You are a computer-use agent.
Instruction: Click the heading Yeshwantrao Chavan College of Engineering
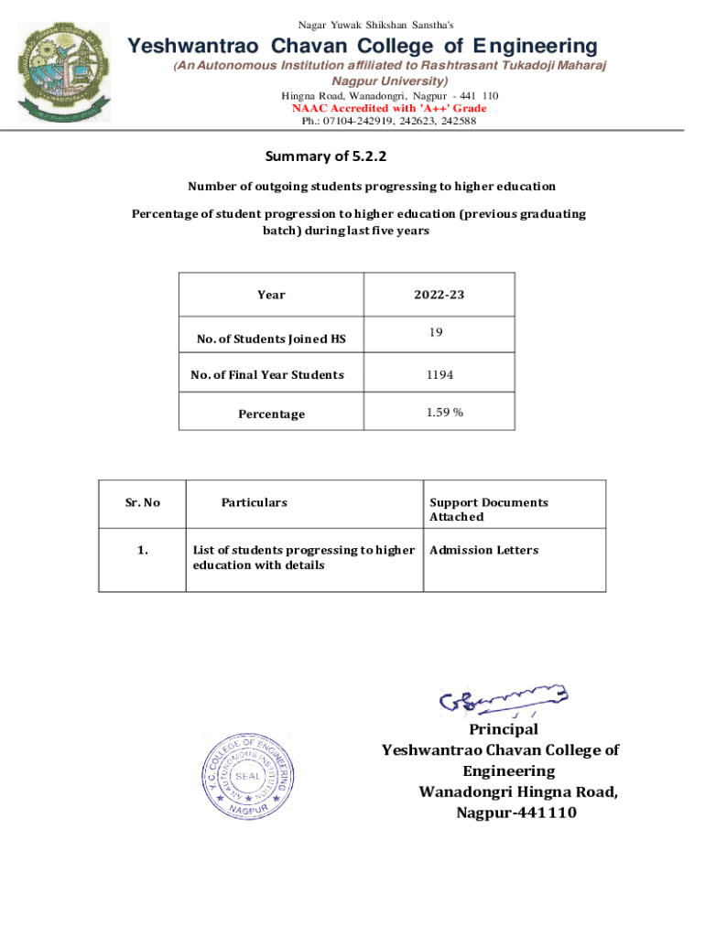click(x=362, y=46)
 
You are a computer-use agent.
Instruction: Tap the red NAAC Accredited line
click(x=389, y=108)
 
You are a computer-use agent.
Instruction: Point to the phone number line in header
click(x=389, y=121)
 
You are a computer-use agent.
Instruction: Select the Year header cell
click(x=271, y=295)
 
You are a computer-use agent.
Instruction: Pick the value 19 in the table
click(x=437, y=333)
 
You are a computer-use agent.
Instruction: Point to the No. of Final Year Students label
click(x=267, y=375)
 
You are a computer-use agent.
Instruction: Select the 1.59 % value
click(x=444, y=413)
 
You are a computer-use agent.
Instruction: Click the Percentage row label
click(x=271, y=415)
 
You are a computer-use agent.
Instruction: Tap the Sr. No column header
click(x=142, y=502)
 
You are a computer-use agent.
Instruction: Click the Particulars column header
click(x=254, y=502)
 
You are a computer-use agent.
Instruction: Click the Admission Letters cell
click(x=484, y=550)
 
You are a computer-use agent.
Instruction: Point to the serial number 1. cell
click(x=142, y=550)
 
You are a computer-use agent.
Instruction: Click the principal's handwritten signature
click(x=503, y=700)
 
